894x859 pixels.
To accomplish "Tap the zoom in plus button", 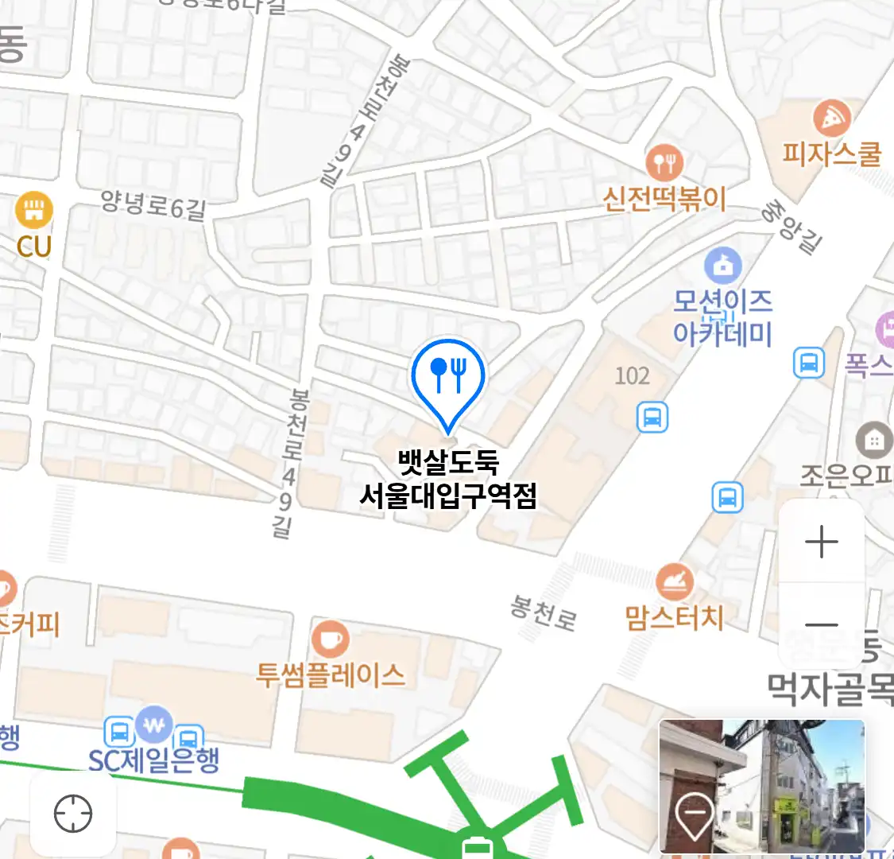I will (821, 542).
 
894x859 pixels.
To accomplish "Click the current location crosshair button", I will (73, 814).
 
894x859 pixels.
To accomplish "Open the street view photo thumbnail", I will (761, 786).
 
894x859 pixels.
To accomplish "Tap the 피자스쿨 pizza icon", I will (831, 119).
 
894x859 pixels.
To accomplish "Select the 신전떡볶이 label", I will (664, 198).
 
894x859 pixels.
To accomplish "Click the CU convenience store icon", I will (33, 210).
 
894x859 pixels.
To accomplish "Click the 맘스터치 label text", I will (674, 617).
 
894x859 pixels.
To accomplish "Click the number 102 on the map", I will (632, 375).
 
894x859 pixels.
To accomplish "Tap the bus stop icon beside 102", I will (652, 417).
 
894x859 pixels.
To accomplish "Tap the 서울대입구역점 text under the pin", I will (448, 496).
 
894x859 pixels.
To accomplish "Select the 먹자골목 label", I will (830, 689).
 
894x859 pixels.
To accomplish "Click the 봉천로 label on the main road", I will (544, 613).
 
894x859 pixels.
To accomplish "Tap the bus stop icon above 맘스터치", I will (727, 498).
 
